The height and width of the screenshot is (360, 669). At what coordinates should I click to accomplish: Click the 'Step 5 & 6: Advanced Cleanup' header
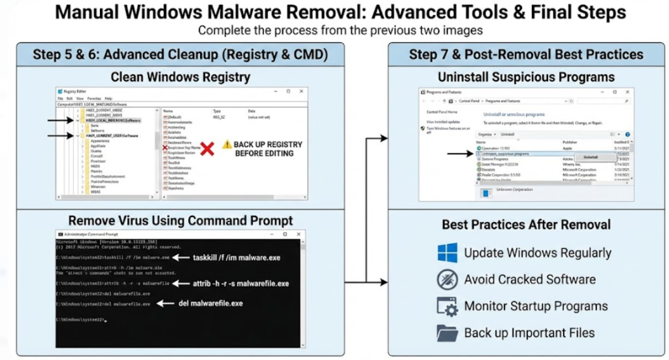(180, 54)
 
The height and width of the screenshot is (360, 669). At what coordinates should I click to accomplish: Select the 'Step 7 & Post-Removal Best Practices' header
(527, 54)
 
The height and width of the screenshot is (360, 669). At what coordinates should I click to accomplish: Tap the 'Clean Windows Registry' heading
(180, 77)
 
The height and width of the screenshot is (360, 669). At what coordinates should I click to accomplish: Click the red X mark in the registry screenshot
(207, 148)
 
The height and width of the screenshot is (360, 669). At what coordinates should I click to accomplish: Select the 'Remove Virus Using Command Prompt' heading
(180, 220)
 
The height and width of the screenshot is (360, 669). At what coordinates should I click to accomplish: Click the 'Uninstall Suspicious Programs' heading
(526, 77)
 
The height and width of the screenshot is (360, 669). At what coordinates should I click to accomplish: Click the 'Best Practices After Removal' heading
(526, 225)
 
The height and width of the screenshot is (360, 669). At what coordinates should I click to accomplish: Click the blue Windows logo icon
(447, 253)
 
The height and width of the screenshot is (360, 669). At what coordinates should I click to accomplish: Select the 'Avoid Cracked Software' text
(529, 280)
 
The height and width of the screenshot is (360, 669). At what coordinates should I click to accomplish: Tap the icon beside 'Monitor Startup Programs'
(447, 306)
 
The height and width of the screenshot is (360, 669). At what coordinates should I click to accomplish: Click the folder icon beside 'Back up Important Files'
(447, 333)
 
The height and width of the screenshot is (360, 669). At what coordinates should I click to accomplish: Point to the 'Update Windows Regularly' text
(537, 253)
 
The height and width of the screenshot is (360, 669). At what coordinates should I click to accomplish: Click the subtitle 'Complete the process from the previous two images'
(340, 31)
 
